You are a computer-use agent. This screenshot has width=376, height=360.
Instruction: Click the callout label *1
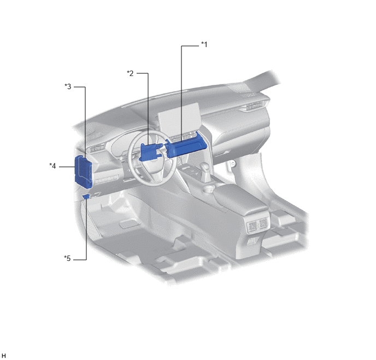(x=204, y=44)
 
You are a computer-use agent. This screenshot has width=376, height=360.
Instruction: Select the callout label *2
(x=130, y=73)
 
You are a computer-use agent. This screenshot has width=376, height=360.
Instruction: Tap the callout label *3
(x=68, y=86)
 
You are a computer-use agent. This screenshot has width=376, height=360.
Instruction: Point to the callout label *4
(x=52, y=166)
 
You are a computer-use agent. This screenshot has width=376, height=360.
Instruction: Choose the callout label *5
(x=67, y=258)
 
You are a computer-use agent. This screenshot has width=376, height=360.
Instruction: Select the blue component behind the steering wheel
(x=150, y=152)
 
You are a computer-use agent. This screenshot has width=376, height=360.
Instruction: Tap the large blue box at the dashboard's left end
(x=83, y=171)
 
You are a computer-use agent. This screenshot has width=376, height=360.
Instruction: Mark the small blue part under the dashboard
(x=86, y=196)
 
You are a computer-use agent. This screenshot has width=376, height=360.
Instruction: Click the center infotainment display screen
(x=179, y=119)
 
